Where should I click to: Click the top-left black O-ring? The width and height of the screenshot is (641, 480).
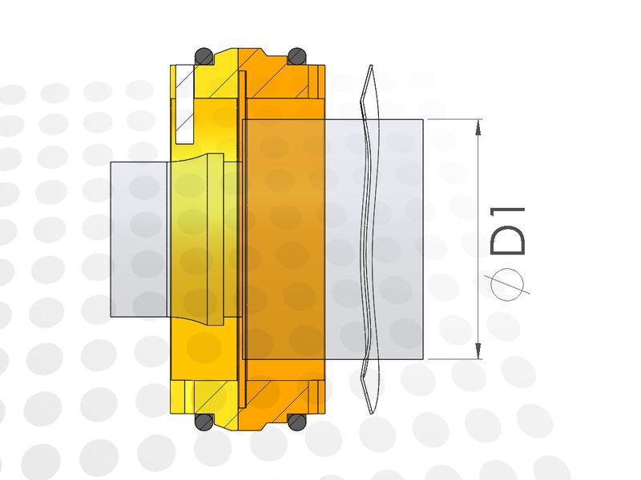click(204, 56)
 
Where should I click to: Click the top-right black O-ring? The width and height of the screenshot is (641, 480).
click(297, 56)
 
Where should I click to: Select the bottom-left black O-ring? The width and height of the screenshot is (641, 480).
click(204, 422)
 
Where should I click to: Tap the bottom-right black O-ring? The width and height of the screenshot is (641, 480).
click(297, 422)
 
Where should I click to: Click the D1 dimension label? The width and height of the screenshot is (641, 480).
click(507, 230)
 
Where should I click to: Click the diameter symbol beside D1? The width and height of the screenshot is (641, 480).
click(507, 285)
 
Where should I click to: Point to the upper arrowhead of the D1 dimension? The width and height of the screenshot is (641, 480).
click(478, 127)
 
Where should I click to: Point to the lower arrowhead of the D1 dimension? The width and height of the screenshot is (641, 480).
click(478, 351)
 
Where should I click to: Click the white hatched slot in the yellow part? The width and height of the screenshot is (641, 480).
click(184, 105)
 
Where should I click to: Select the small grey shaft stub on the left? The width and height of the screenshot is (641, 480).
click(139, 239)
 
